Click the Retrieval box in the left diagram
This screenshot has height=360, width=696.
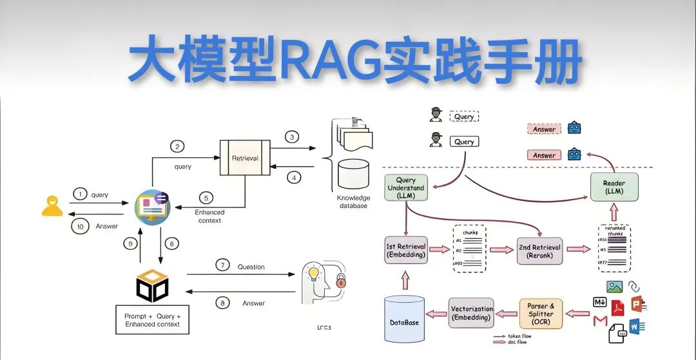(244, 157)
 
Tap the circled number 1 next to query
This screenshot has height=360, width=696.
(80, 194)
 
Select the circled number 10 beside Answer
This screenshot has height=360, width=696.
(80, 227)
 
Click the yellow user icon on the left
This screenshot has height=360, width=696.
(52, 205)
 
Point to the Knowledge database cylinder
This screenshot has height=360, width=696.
(353, 174)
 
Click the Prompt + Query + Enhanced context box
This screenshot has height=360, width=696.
(153, 320)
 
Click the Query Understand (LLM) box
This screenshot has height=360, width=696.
(406, 188)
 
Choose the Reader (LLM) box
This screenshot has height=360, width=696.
(614, 187)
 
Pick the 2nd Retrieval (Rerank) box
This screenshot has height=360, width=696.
(539, 251)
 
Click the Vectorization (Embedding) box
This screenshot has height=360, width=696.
(472, 313)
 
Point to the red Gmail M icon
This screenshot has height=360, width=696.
(601, 321)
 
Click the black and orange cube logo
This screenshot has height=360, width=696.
(153, 285)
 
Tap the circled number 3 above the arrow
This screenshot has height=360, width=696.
(292, 137)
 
